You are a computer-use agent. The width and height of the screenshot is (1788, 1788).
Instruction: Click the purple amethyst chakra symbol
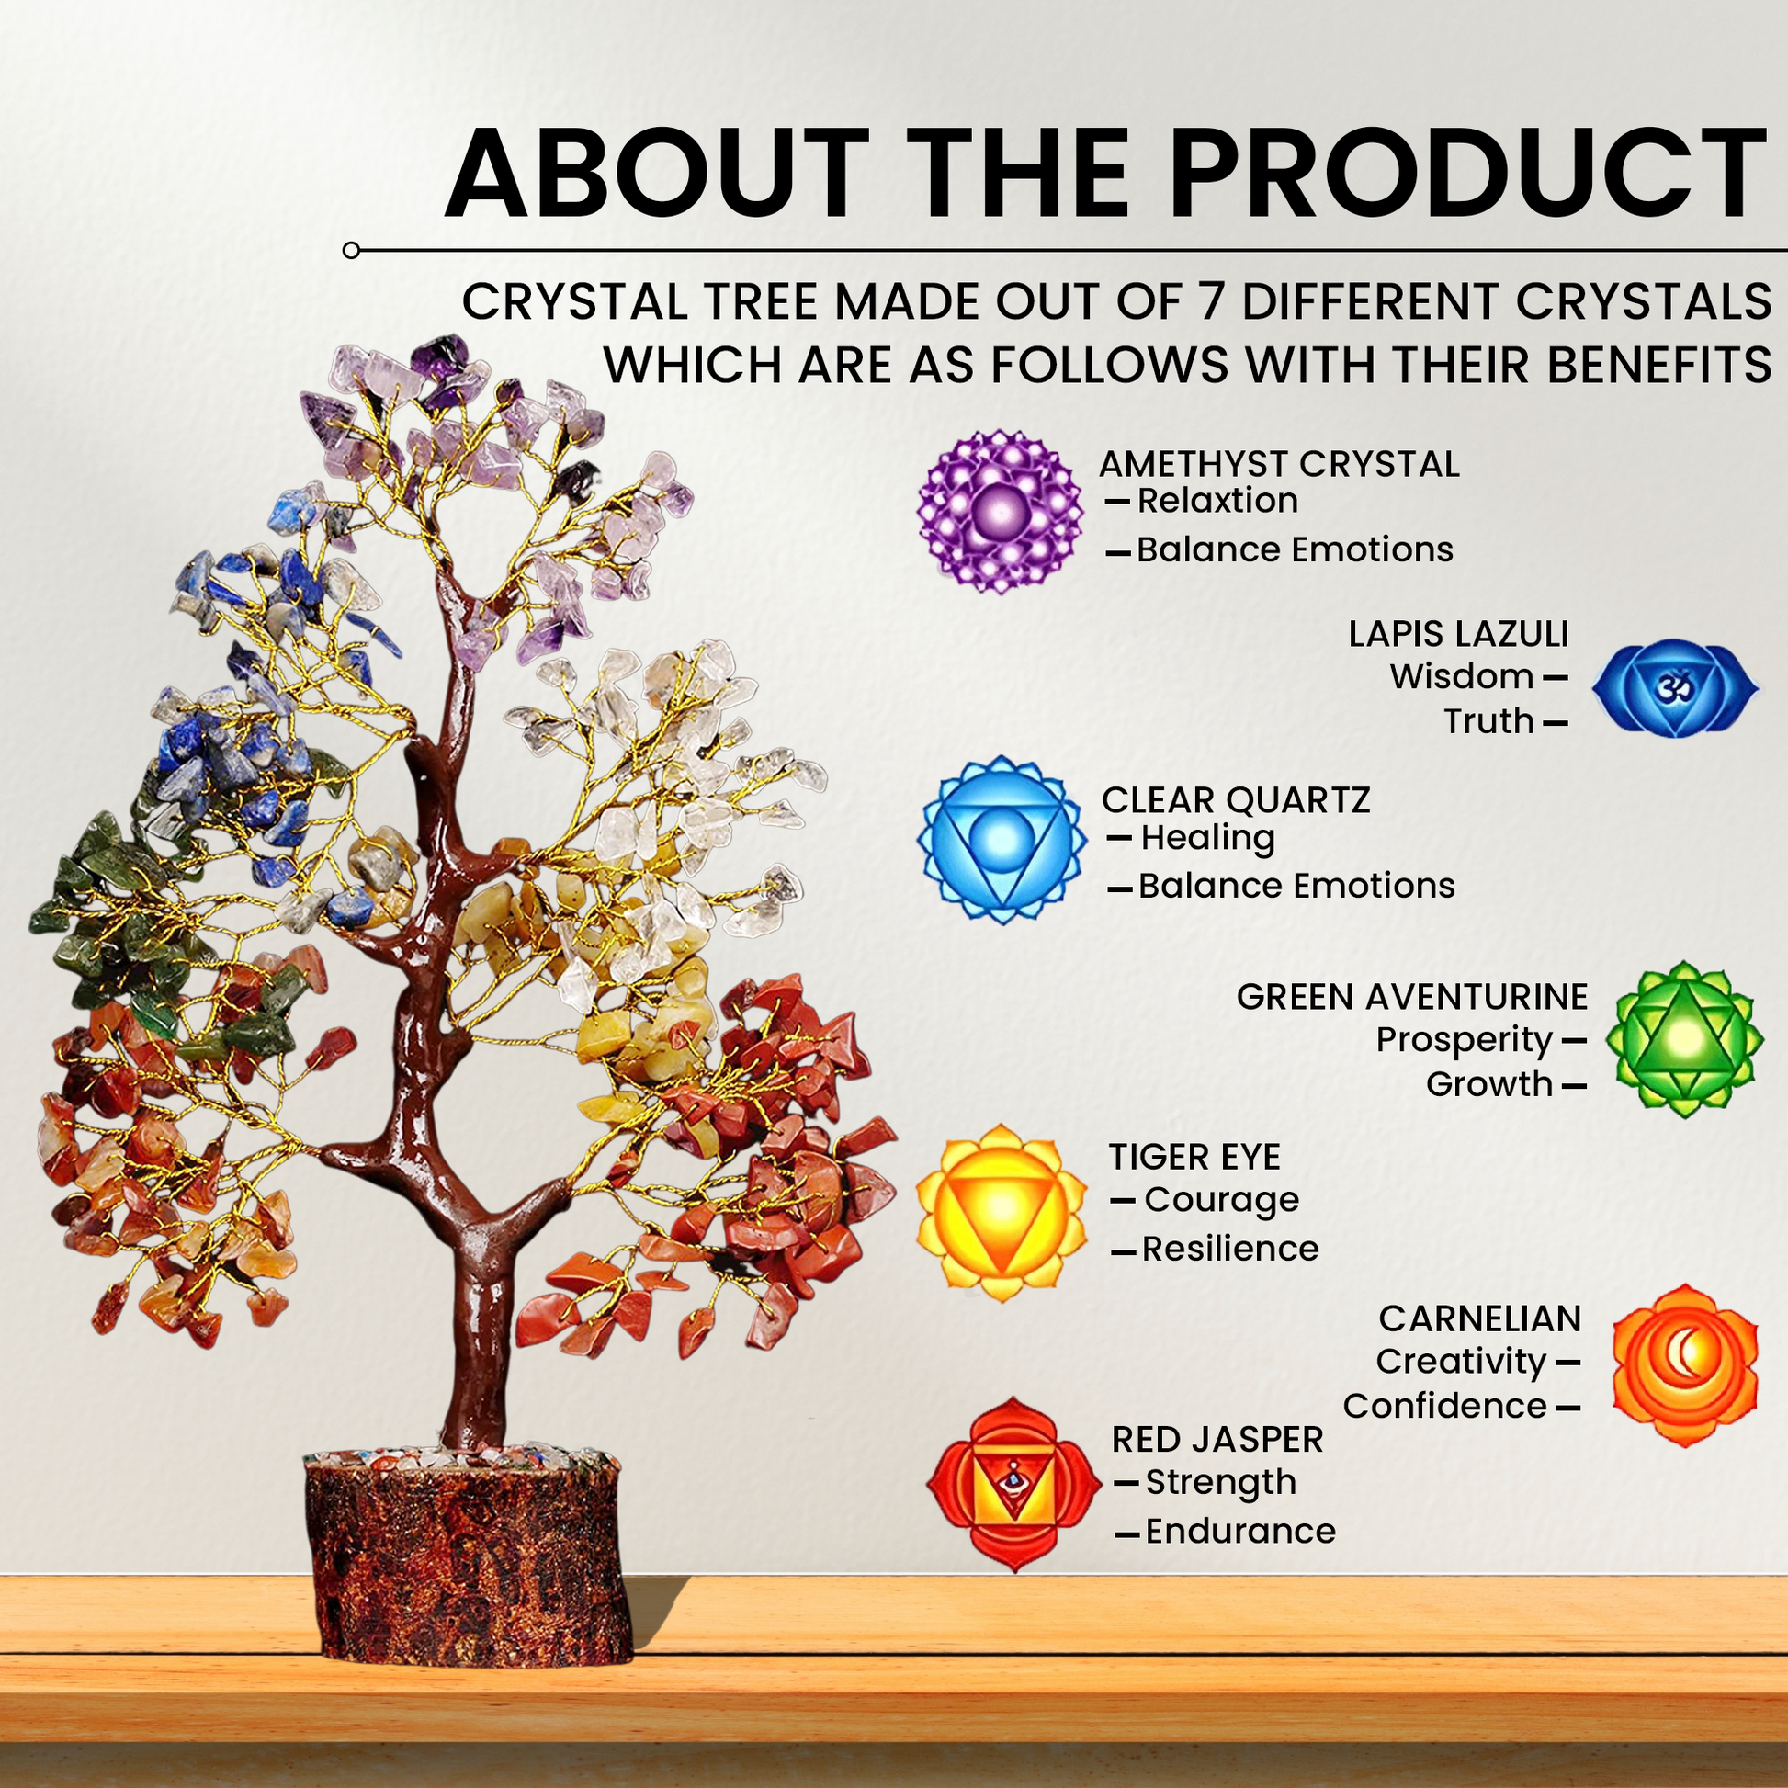1001,510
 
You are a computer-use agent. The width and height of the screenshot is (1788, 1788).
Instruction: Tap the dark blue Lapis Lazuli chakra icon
1675,686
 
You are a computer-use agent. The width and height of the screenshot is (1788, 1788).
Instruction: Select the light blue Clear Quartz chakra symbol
1002,840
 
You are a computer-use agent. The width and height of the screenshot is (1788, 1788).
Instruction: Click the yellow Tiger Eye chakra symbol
1002,1211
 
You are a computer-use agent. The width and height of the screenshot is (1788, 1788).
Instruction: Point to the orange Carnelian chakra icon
1684,1365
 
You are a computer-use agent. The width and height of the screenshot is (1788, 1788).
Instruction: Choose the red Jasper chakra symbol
1014,1485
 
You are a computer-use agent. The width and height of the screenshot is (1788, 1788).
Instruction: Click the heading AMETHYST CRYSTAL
1279,465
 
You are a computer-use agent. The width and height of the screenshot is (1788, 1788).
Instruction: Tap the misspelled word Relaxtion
1217,501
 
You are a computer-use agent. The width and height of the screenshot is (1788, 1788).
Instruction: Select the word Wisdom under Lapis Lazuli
1462,676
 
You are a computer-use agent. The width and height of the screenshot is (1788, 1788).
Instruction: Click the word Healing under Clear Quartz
1207,839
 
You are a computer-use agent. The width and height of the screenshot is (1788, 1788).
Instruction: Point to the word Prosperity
1464,1041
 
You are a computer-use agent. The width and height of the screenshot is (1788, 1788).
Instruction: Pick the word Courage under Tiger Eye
1222,1200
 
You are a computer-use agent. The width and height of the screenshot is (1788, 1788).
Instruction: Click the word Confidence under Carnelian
1445,1406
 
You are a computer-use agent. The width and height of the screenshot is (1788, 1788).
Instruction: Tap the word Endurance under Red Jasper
1241,1531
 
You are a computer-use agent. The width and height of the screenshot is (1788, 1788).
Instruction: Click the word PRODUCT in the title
1470,173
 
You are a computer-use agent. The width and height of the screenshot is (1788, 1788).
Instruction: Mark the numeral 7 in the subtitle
1211,301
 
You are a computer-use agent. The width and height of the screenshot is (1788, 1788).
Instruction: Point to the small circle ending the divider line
351,250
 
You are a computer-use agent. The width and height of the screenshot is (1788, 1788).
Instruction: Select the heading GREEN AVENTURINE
1412,998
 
